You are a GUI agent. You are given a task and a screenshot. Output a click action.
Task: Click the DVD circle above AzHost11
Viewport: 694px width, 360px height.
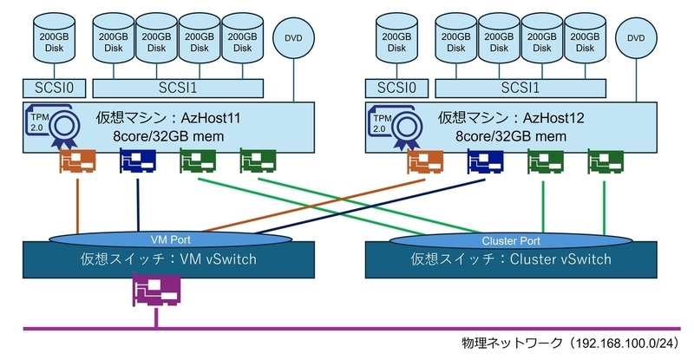coord(292,38)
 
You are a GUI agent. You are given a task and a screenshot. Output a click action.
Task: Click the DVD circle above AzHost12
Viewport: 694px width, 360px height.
coord(636,38)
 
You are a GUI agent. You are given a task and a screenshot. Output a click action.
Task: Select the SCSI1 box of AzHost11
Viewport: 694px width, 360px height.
coord(177,88)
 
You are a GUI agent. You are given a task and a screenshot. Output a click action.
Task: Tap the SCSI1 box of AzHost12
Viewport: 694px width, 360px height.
coord(520,88)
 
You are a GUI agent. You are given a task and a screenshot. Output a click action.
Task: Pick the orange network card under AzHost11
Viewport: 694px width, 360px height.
coord(76,161)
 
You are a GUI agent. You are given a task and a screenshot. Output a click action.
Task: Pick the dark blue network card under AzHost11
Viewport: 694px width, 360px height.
coord(137,161)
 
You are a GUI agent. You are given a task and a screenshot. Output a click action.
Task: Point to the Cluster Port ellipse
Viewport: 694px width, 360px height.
coord(510,239)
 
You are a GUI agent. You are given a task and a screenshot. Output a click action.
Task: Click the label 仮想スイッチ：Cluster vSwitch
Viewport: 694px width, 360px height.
coord(510,259)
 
